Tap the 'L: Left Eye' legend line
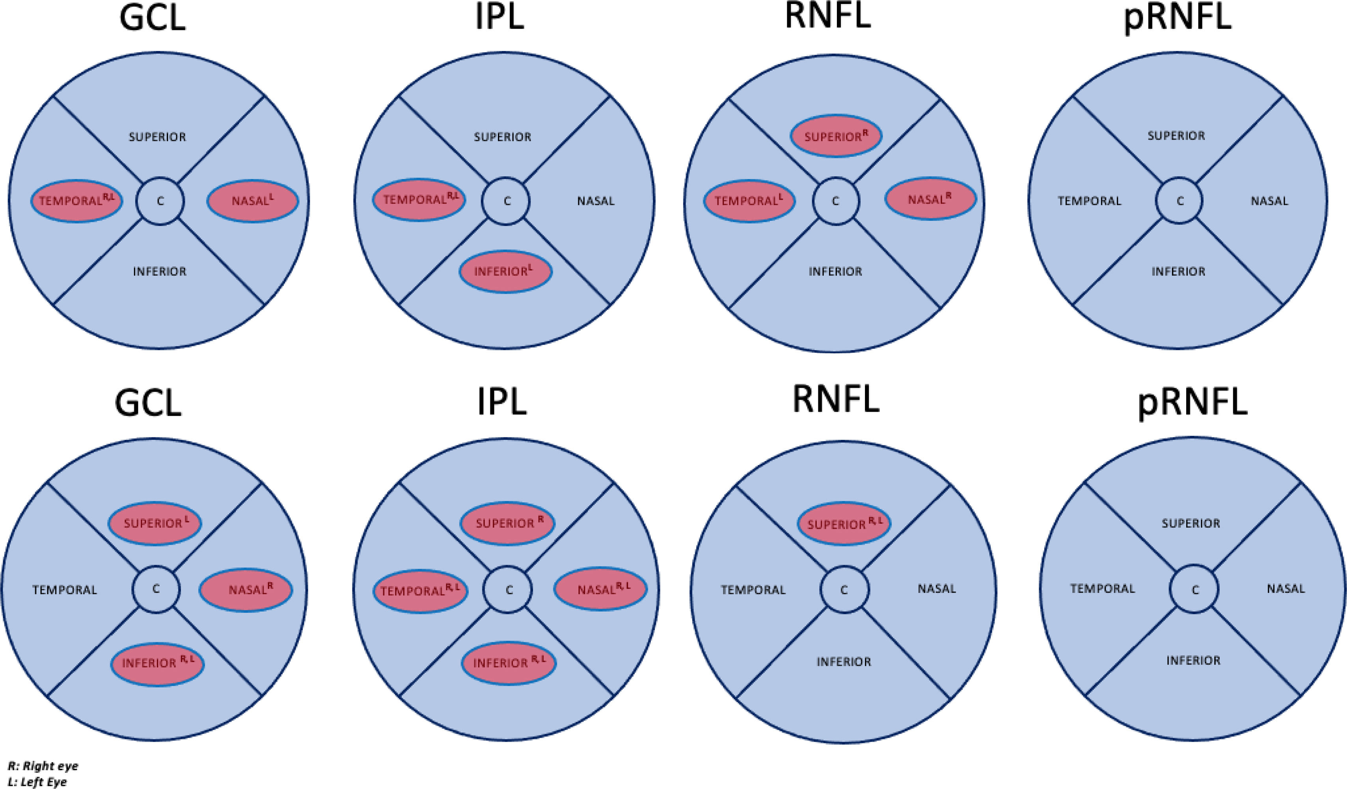pos(37,782)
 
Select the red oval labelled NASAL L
pos(252,201)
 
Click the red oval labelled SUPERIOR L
pos(155,523)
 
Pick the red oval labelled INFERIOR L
pos(505,271)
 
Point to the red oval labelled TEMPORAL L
pos(749,201)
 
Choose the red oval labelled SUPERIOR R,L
pos(844,524)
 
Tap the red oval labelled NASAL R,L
pos(600,589)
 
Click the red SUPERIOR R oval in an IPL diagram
pos(507,523)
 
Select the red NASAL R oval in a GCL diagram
pos(246,590)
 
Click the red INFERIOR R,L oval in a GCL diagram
pos(157,663)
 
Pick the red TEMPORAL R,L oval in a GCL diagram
pos(76,201)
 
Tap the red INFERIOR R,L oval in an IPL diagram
pos(509,663)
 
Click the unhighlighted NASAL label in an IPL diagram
pos(596,201)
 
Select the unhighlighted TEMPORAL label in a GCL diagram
pos(65,590)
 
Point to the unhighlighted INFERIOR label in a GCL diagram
pos(160,271)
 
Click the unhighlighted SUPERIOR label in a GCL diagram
pos(157,137)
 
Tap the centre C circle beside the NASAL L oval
pos(160,201)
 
